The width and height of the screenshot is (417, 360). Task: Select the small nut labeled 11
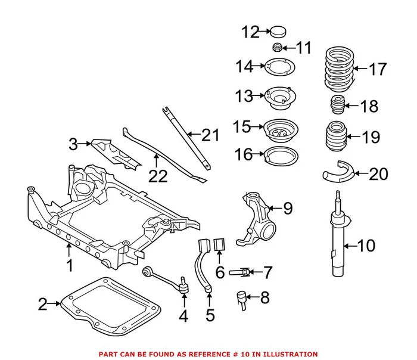277,47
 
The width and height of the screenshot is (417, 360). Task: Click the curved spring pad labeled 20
337,173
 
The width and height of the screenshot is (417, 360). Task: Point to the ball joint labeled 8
242,296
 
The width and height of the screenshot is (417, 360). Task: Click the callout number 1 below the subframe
70,265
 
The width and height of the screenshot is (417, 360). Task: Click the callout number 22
158,176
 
